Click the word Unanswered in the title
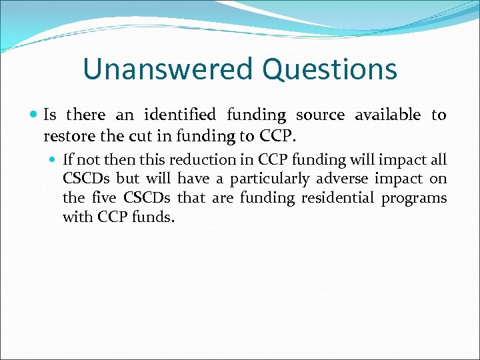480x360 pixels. point(168,69)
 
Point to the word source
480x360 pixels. point(320,115)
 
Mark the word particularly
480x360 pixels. point(270,179)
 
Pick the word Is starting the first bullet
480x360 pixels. point(50,115)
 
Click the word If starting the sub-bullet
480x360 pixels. point(68,160)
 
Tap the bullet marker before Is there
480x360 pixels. point(35,115)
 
